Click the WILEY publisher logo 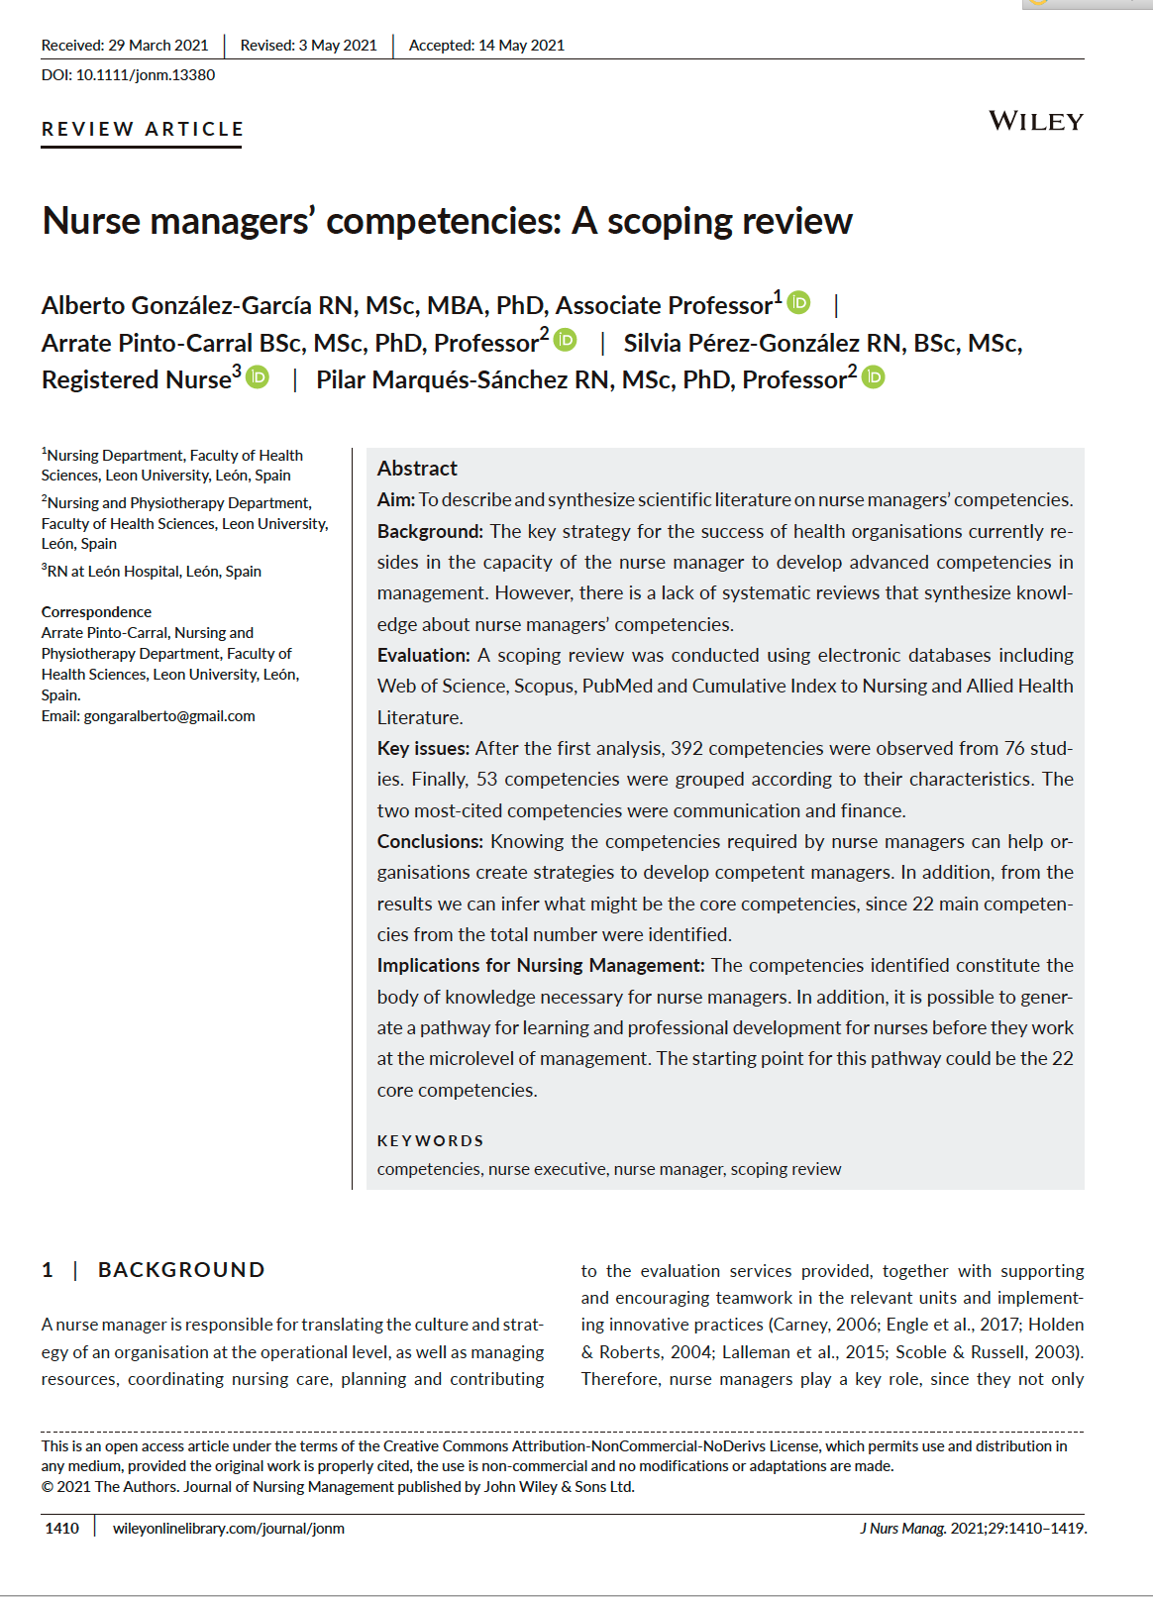pyautogui.click(x=1036, y=121)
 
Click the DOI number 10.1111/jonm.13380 pyautogui.click(x=146, y=75)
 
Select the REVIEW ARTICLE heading pyautogui.click(x=143, y=129)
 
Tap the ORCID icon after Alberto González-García pyautogui.click(x=799, y=302)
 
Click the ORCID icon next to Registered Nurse pyautogui.click(x=258, y=377)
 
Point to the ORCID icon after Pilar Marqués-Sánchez pyautogui.click(x=874, y=377)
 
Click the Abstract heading pyautogui.click(x=417, y=469)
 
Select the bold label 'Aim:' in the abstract pyautogui.click(x=396, y=500)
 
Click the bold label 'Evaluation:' pyautogui.click(x=423, y=656)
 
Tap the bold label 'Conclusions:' pyautogui.click(x=430, y=842)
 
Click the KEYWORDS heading pyautogui.click(x=430, y=1141)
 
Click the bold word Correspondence pyautogui.click(x=96, y=612)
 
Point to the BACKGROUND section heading pyautogui.click(x=181, y=1270)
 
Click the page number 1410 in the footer pyautogui.click(x=61, y=1529)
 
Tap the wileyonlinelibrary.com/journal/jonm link pyautogui.click(x=229, y=1529)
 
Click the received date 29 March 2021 pyautogui.click(x=158, y=46)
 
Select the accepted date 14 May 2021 pyautogui.click(x=521, y=46)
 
